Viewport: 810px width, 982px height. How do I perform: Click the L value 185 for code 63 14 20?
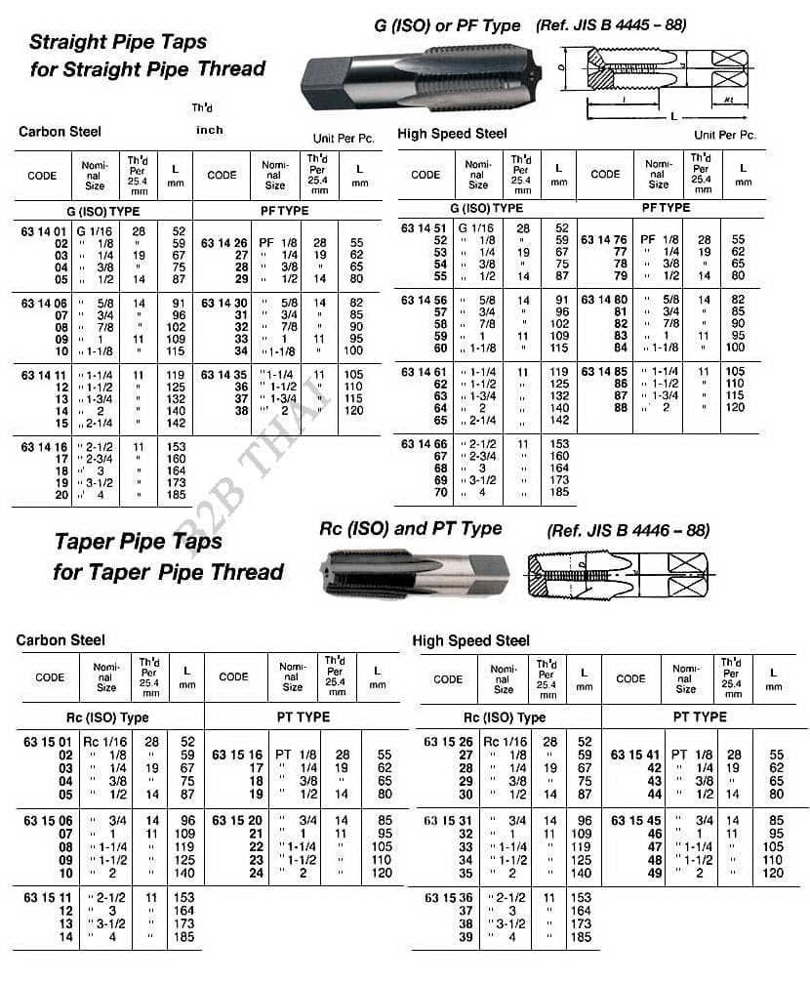click(x=178, y=495)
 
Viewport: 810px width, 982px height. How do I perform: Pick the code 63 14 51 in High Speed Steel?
click(x=425, y=228)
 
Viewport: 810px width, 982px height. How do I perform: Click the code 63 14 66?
click(x=425, y=444)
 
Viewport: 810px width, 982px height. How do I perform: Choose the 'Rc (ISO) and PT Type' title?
click(x=411, y=529)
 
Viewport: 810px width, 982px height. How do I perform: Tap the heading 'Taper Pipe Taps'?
click(x=138, y=541)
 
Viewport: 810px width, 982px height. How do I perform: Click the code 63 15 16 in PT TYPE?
click(x=235, y=755)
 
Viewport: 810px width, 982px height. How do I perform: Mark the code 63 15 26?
click(x=448, y=742)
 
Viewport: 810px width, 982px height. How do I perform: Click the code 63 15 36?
click(x=448, y=897)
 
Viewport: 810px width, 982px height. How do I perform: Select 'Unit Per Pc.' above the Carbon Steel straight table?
click(x=344, y=139)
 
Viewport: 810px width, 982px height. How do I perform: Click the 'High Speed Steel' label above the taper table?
click(x=470, y=640)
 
